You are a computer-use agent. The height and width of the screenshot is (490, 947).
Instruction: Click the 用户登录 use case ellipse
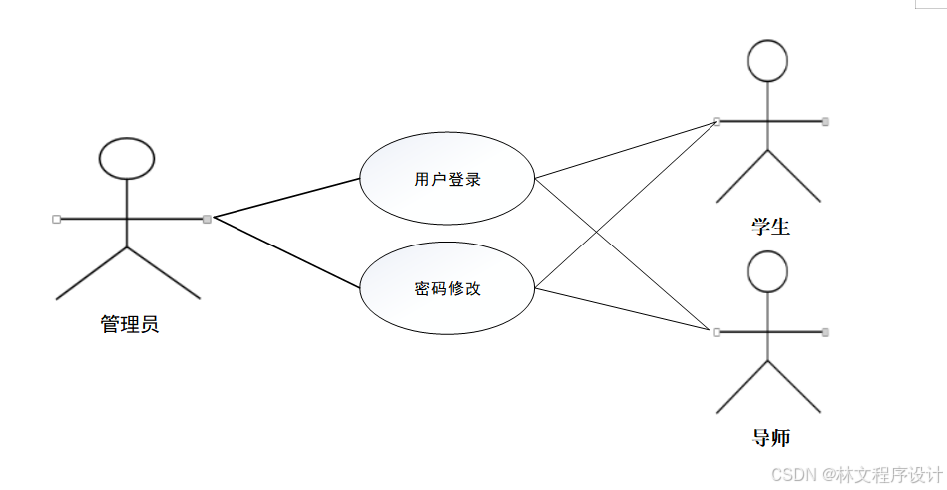pos(447,180)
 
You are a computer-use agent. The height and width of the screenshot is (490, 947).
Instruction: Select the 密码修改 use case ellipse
pos(447,289)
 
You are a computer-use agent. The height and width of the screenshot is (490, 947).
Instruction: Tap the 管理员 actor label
pos(130,324)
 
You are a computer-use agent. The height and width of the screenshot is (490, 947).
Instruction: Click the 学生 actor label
pos(770,227)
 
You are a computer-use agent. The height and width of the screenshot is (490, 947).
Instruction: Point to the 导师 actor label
pos(770,437)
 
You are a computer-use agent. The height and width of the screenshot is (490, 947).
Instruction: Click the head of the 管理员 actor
pos(127,158)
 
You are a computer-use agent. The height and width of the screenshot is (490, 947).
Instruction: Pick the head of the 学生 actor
pos(768,60)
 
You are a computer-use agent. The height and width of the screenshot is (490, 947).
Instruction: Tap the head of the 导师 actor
pos(768,271)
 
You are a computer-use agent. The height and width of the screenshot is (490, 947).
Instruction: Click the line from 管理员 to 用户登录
pos(286,198)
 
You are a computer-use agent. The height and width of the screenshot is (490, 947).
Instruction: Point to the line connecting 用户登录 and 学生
pos(627,150)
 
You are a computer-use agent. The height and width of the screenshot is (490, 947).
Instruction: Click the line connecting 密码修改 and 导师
pos(627,310)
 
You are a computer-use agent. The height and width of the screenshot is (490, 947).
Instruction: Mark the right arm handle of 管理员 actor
pos(207,219)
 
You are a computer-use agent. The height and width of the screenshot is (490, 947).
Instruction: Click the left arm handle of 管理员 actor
pos(56,218)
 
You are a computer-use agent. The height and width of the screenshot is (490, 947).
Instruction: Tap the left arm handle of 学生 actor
pos(717,121)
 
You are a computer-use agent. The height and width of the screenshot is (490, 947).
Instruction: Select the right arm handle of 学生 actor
pos(825,121)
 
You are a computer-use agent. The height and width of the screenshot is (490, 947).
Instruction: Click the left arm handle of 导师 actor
pos(717,331)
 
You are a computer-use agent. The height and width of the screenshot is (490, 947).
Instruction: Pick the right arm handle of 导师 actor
pos(825,331)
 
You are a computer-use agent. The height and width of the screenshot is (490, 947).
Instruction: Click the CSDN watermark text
pos(858,473)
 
